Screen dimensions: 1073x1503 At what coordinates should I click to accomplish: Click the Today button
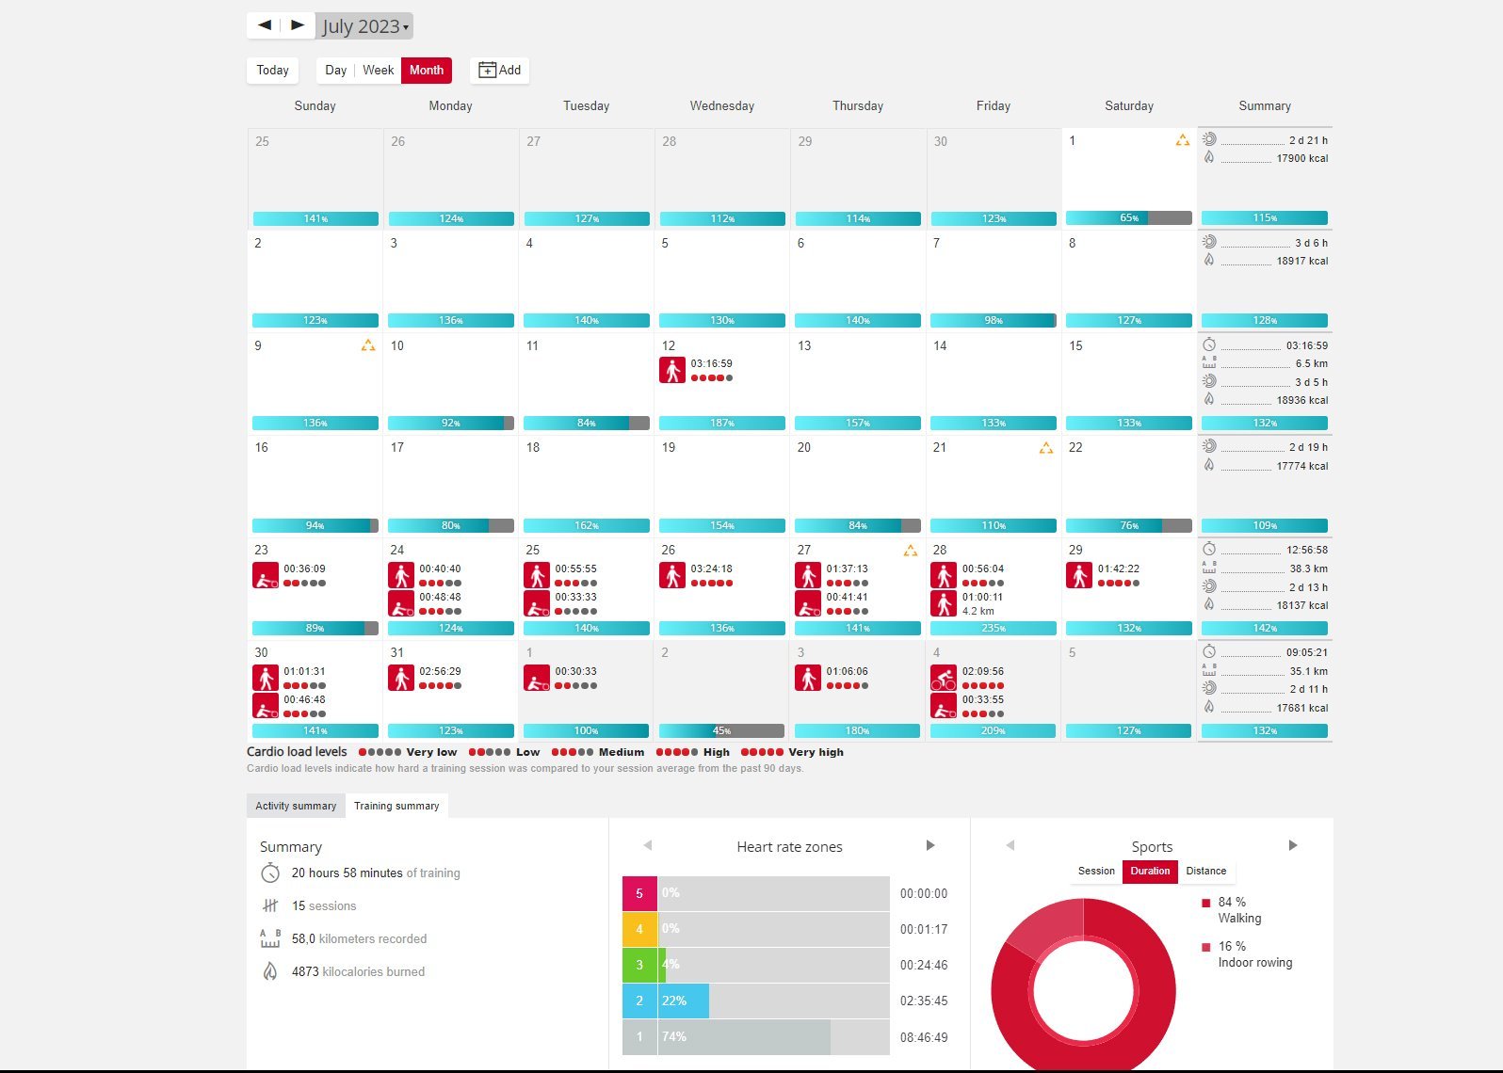coord(272,71)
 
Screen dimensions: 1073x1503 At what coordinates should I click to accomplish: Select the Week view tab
coord(378,71)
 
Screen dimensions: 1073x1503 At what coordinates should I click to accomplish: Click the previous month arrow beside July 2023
coord(265,25)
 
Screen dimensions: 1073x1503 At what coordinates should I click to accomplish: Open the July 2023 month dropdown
coord(365,26)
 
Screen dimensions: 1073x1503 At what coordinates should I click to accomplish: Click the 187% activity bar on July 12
coord(722,424)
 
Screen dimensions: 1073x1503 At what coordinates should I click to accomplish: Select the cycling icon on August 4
coord(944,678)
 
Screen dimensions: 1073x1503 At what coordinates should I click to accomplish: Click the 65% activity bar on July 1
coord(1128,218)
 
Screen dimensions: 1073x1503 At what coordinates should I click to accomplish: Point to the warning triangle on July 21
coord(1045,449)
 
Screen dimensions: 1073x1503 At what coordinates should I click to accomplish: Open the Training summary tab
coord(396,806)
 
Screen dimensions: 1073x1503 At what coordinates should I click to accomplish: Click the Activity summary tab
coord(296,806)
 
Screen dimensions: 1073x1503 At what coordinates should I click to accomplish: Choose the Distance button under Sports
coord(1205,872)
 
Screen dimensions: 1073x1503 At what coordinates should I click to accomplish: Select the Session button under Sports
coord(1096,872)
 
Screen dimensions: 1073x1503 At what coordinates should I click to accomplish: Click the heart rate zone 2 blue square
coord(639,1001)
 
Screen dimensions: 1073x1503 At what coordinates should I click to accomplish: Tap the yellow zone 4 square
coord(639,929)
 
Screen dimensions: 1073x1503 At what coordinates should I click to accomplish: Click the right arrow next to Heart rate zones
coord(930,845)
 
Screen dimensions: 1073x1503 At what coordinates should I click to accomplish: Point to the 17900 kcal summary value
coord(1301,159)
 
